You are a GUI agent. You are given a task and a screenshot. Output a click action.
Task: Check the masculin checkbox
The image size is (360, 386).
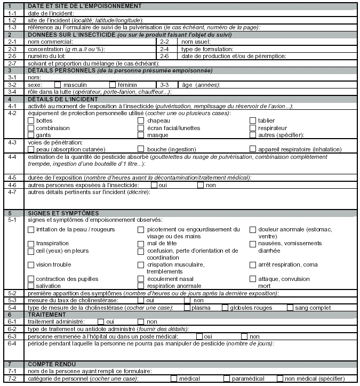[58, 84]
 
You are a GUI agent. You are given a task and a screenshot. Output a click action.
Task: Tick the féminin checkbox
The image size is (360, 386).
[113, 84]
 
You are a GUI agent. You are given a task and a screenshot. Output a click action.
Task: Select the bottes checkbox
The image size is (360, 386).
[31, 120]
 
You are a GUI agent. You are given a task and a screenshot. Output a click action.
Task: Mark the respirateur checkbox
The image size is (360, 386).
[253, 128]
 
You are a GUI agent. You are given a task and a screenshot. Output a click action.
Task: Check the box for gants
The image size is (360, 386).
[31, 135]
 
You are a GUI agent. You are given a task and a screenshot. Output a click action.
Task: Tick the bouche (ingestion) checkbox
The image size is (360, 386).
[141, 149]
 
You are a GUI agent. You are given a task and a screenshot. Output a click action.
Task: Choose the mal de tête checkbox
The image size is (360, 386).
[141, 243]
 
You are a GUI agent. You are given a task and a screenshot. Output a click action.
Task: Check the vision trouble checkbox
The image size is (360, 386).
[31, 264]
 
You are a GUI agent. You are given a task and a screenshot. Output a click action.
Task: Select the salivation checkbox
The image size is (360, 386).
[31, 286]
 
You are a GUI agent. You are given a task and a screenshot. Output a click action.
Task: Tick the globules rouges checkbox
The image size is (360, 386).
[225, 308]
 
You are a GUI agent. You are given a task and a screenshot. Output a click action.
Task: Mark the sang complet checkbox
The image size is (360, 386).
[290, 308]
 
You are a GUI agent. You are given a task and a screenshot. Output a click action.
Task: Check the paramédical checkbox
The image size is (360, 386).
[227, 379]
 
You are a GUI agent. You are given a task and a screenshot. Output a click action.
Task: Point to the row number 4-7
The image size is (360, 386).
[12, 191]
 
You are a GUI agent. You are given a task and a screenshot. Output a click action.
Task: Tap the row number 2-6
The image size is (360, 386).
[165, 55]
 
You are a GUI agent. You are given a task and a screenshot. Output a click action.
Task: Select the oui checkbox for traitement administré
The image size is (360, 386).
[101, 322]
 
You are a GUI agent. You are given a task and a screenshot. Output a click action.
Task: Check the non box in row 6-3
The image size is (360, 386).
[244, 336]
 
